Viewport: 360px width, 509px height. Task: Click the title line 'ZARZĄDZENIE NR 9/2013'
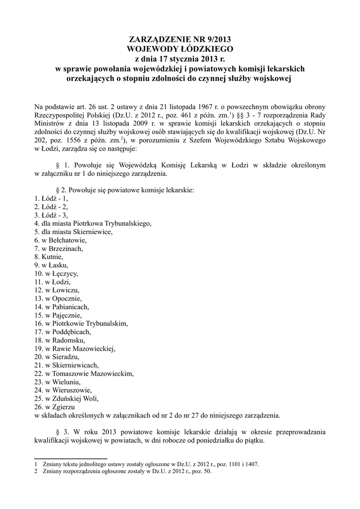point(180,39)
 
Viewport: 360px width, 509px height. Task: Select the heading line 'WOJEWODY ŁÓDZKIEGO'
point(180,49)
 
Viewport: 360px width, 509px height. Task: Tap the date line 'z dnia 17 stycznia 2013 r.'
point(180,59)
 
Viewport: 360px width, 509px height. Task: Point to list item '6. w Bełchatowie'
point(60,241)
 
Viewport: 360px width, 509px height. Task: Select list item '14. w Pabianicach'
point(62,307)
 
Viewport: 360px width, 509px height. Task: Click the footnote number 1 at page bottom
point(36,464)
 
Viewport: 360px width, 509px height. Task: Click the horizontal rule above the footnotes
point(71,458)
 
